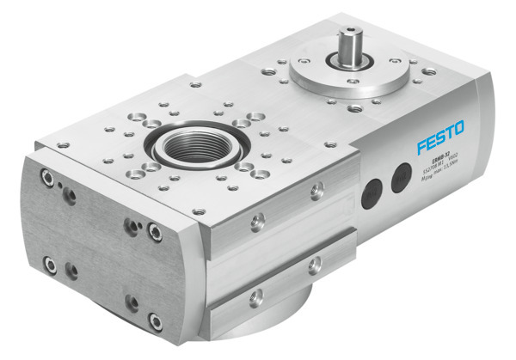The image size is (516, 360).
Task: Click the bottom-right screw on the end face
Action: click(155, 322)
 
